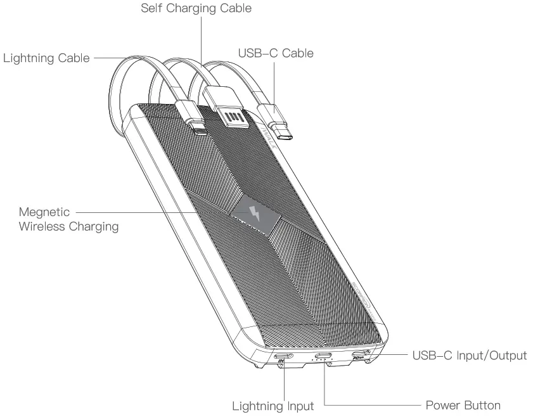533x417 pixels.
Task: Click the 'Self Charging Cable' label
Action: point(200,8)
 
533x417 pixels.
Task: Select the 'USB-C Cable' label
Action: point(275,54)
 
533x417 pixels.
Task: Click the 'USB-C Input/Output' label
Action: point(469,355)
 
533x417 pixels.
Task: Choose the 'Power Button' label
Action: point(461,405)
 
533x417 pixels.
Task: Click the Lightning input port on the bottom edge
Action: point(283,356)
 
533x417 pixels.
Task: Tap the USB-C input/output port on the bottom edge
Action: point(361,354)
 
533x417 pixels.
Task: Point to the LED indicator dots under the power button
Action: point(322,363)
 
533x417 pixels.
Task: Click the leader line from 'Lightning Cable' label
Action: point(105,58)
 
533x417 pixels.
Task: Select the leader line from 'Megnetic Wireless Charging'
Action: point(158,211)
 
